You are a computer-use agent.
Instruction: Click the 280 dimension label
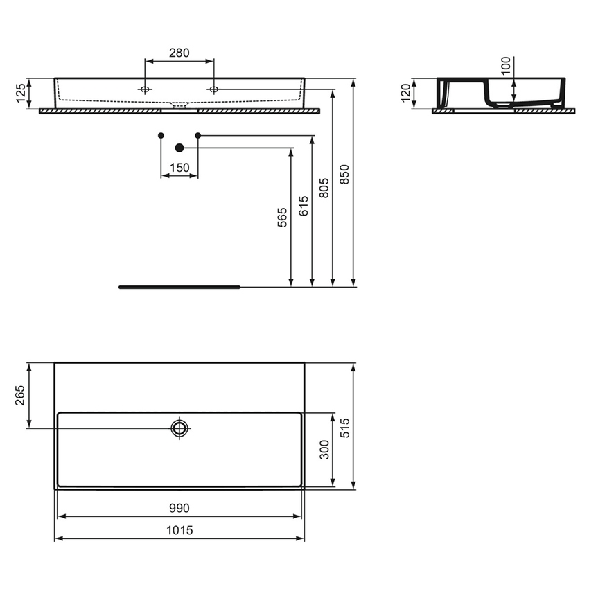coord(179,53)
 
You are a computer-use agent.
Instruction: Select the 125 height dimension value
coord(21,93)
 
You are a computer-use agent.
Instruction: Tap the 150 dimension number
coord(179,167)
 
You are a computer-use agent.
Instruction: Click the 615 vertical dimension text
coord(304,206)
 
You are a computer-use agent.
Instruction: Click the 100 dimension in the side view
coord(505,67)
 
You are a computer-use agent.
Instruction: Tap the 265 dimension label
coord(20,396)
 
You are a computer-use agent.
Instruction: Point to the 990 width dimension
coord(179,508)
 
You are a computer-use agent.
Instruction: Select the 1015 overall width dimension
coord(179,530)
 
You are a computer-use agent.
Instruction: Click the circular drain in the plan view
coord(180,428)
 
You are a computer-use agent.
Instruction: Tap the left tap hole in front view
coord(145,89)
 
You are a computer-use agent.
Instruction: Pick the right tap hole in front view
coord(213,89)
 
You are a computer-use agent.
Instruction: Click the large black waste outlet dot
coord(179,148)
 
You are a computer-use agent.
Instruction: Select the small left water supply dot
coord(161,134)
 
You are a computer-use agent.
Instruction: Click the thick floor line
coord(179,286)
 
